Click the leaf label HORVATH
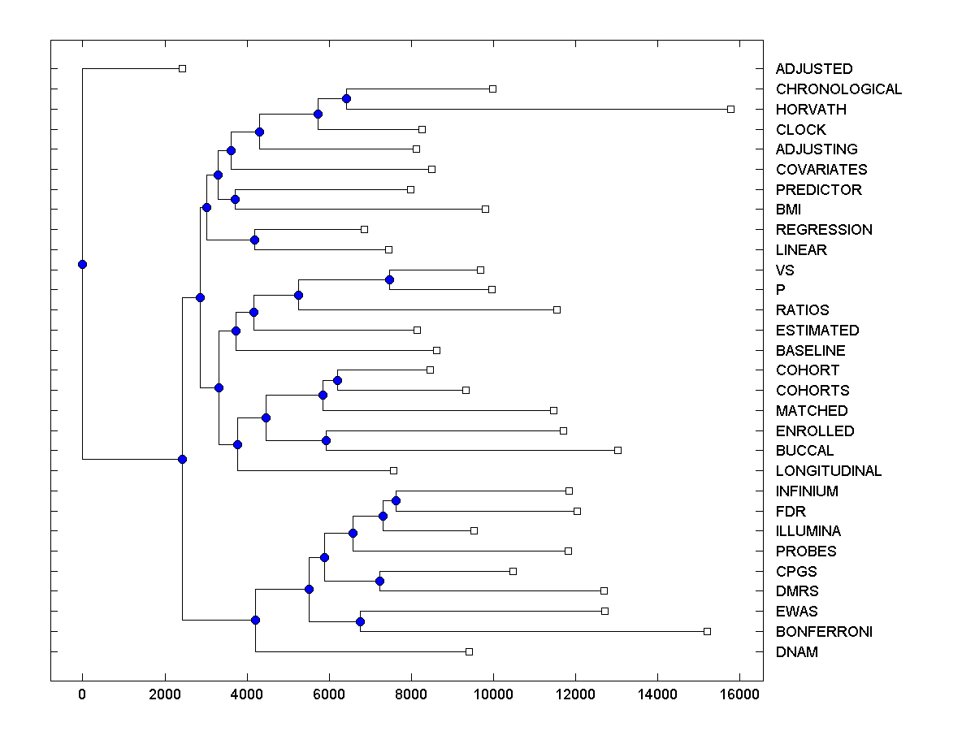(811, 110)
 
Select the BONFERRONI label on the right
(824, 632)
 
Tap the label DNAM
(797, 652)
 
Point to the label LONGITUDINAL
(829, 471)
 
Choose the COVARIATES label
(821, 170)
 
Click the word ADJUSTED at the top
(814, 69)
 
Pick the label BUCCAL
(804, 451)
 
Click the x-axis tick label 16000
(739, 694)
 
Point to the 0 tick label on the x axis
(82, 694)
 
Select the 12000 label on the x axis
(575, 694)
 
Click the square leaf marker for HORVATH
(730, 109)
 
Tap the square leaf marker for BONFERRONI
(707, 631)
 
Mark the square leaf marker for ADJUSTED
(182, 68)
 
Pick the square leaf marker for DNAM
(469, 651)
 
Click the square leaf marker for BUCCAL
(617, 450)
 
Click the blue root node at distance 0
(82, 264)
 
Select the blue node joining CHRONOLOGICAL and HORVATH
(346, 99)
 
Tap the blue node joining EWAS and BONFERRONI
(360, 621)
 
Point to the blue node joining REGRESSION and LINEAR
(254, 240)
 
